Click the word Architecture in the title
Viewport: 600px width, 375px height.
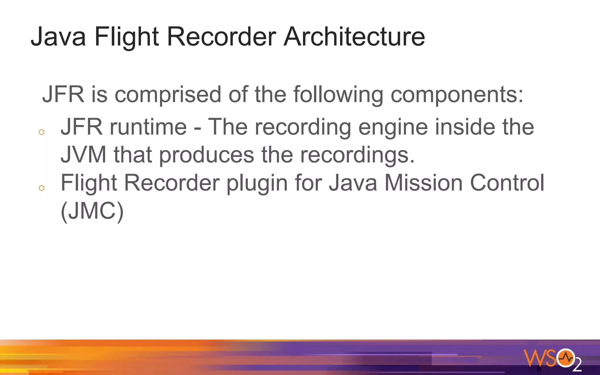[x=354, y=37]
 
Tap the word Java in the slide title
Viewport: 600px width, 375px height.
[x=58, y=37]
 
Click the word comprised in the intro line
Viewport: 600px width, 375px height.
[x=168, y=95]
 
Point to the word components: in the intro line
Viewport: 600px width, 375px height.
[x=457, y=95]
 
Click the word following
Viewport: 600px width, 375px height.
[x=338, y=95]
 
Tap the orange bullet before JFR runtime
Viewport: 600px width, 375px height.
[x=42, y=132]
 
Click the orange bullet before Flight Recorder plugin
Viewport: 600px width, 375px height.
[x=42, y=188]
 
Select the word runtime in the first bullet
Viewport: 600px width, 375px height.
[x=148, y=127]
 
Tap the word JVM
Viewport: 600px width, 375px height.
[x=83, y=154]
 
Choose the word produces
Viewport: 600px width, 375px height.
[x=207, y=155]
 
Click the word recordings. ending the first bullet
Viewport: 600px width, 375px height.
[x=357, y=155]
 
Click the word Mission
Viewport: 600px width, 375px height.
[x=423, y=183]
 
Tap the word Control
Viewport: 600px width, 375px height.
[x=507, y=183]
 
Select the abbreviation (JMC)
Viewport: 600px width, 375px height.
[x=92, y=211]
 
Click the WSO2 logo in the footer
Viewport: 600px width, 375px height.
[x=552, y=359]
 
